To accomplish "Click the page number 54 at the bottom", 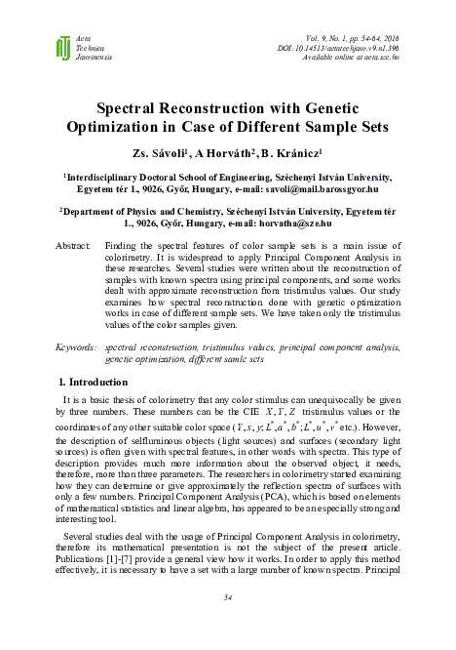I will (228, 596).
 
